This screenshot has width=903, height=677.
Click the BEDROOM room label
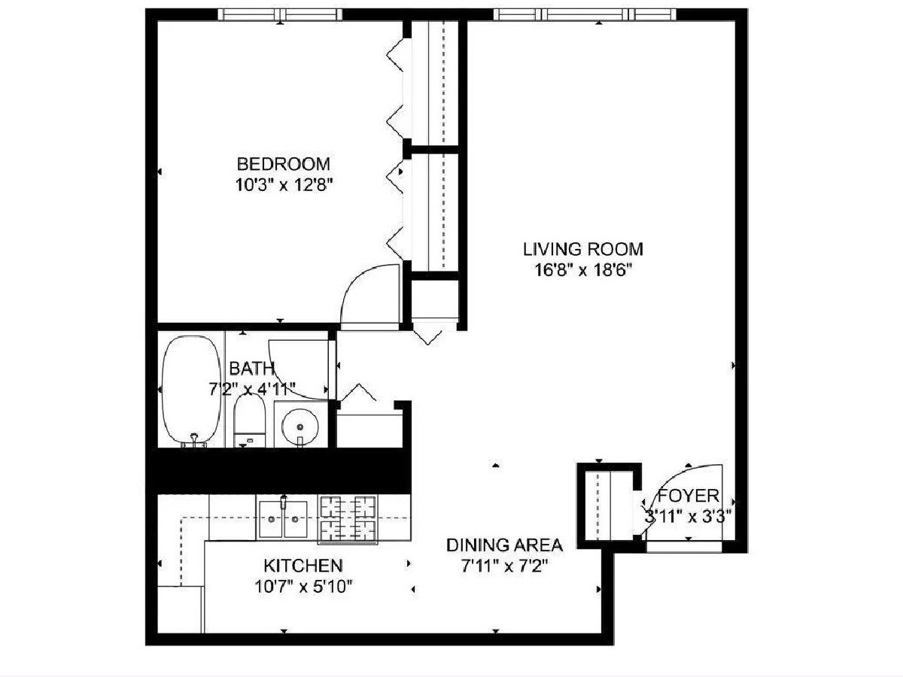pos(283,164)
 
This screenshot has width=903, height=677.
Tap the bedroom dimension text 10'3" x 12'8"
pos(284,185)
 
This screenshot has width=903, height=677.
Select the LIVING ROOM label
pos(583,250)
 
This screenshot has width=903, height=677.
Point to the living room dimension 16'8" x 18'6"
pos(583,271)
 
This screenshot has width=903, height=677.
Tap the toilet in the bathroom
pos(249,420)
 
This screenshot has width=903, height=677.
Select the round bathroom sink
pos(300,427)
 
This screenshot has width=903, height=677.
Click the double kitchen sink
pos(283,520)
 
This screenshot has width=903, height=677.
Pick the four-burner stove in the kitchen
pos(348,520)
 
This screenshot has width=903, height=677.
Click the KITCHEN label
pos(303,566)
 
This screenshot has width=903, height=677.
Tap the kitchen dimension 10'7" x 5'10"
pos(303,587)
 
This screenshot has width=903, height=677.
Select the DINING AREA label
pos(504,545)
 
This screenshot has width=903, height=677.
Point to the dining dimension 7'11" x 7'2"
pos(504,567)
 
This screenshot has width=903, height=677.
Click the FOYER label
pos(689,496)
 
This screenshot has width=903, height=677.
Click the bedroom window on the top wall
pos(280,14)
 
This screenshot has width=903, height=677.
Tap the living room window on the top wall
pos(585,14)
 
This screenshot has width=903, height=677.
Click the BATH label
pos(251,369)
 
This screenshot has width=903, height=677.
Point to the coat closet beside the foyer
pos(610,505)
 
